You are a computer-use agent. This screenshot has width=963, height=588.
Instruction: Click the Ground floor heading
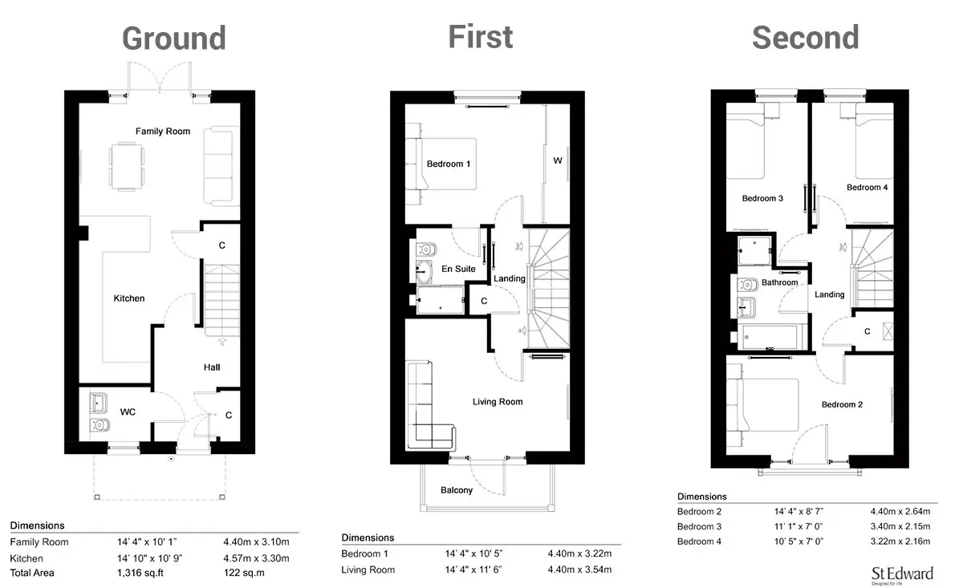(x=174, y=39)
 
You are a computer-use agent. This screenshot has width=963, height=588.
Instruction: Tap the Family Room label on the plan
(x=162, y=131)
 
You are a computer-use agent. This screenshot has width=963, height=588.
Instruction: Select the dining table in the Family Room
(x=127, y=166)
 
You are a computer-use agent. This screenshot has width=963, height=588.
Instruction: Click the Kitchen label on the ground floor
(x=129, y=298)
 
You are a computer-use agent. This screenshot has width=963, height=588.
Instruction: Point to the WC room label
(x=128, y=412)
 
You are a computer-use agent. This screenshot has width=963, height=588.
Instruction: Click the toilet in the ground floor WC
(x=100, y=425)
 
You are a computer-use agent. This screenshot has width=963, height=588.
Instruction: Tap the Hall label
(x=212, y=367)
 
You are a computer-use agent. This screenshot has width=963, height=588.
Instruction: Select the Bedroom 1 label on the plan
(x=449, y=164)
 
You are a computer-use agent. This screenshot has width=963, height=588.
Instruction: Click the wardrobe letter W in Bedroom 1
(x=558, y=160)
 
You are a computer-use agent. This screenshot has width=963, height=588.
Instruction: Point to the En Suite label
(x=458, y=269)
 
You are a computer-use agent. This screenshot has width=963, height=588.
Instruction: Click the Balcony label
(x=457, y=490)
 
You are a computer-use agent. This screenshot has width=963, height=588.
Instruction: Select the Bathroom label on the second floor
(x=779, y=282)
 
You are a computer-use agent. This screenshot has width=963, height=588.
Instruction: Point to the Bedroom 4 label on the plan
(x=867, y=188)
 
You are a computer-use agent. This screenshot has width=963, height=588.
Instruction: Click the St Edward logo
(x=902, y=575)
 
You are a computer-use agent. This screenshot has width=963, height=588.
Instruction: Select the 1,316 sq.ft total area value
(x=140, y=573)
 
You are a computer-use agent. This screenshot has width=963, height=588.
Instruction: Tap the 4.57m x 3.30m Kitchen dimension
(x=256, y=558)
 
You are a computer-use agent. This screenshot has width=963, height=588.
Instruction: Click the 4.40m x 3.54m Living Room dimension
(x=579, y=570)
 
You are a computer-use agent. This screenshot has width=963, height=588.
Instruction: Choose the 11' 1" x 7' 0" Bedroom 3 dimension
(x=798, y=526)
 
